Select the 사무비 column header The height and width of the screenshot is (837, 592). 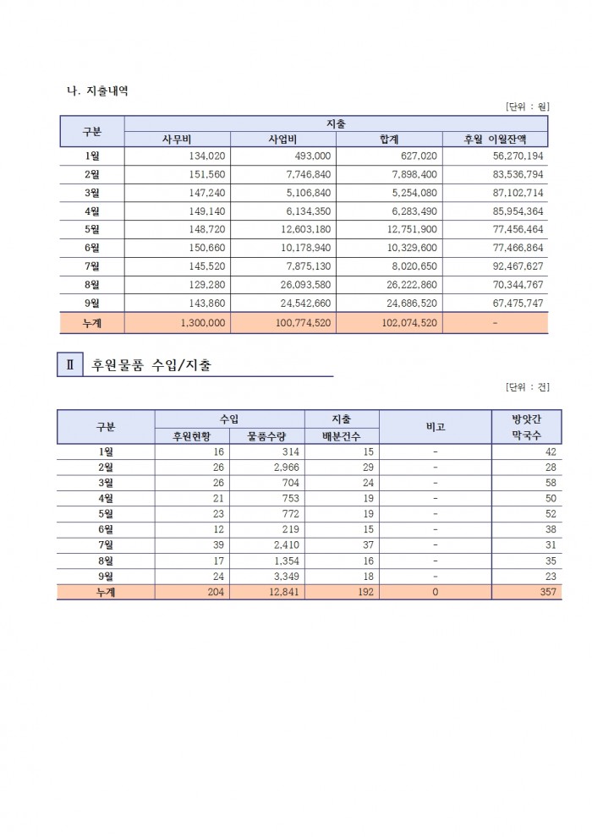point(178,139)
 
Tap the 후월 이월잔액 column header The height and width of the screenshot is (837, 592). point(495,139)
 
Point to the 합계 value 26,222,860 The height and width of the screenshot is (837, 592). point(414,285)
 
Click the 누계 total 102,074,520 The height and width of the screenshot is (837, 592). point(410,322)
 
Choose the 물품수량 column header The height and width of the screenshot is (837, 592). point(266,436)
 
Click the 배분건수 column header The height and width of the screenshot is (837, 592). point(342,436)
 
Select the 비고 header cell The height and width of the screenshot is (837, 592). point(435,427)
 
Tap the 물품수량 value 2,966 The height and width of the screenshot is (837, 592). point(280,468)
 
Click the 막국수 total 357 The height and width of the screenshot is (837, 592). point(547,593)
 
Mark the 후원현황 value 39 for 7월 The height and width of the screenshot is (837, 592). point(218,545)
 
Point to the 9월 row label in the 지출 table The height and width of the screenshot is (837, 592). point(92,304)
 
